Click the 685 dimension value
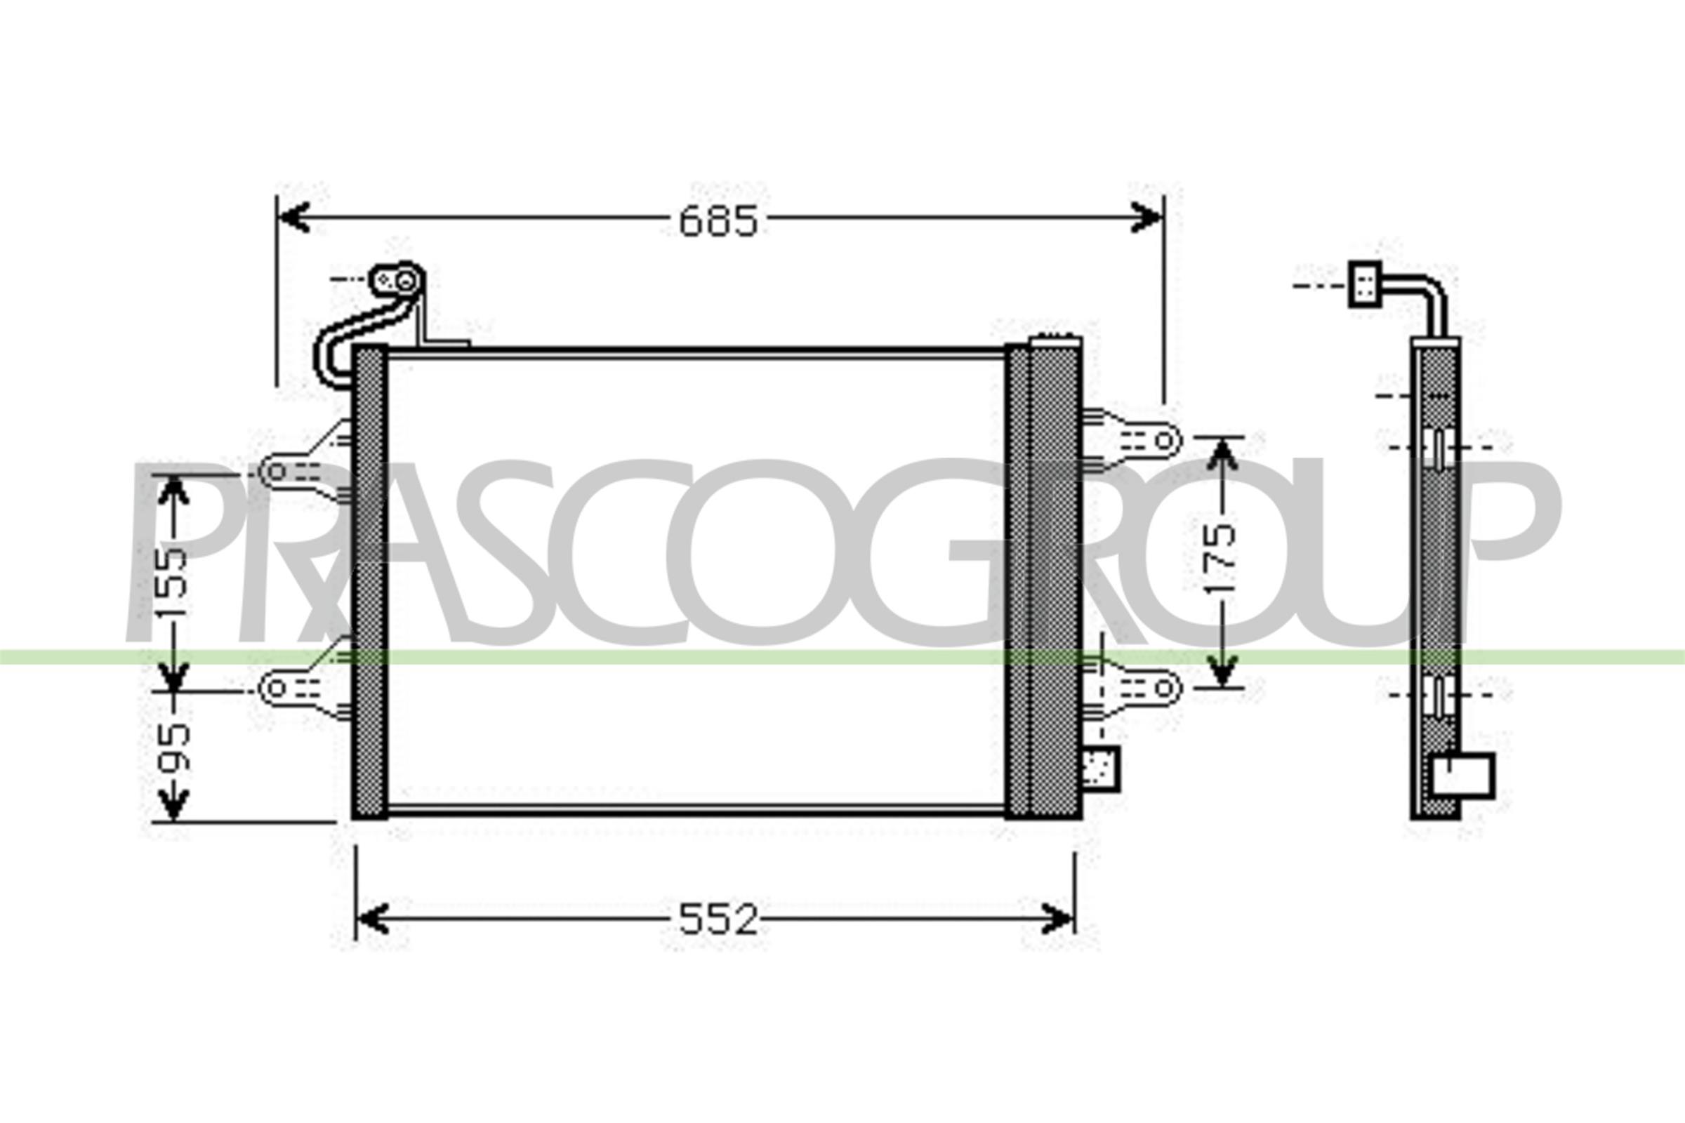click(x=718, y=221)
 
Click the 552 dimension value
click(x=718, y=919)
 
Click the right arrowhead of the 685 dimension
click(x=1147, y=217)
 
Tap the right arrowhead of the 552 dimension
click(x=1058, y=919)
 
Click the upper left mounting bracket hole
click(x=276, y=471)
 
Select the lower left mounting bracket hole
click(x=276, y=689)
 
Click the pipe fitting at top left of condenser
click(x=397, y=280)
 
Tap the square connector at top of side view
click(x=1365, y=284)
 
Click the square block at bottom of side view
click(x=1465, y=775)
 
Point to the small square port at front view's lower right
click(x=1099, y=769)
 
